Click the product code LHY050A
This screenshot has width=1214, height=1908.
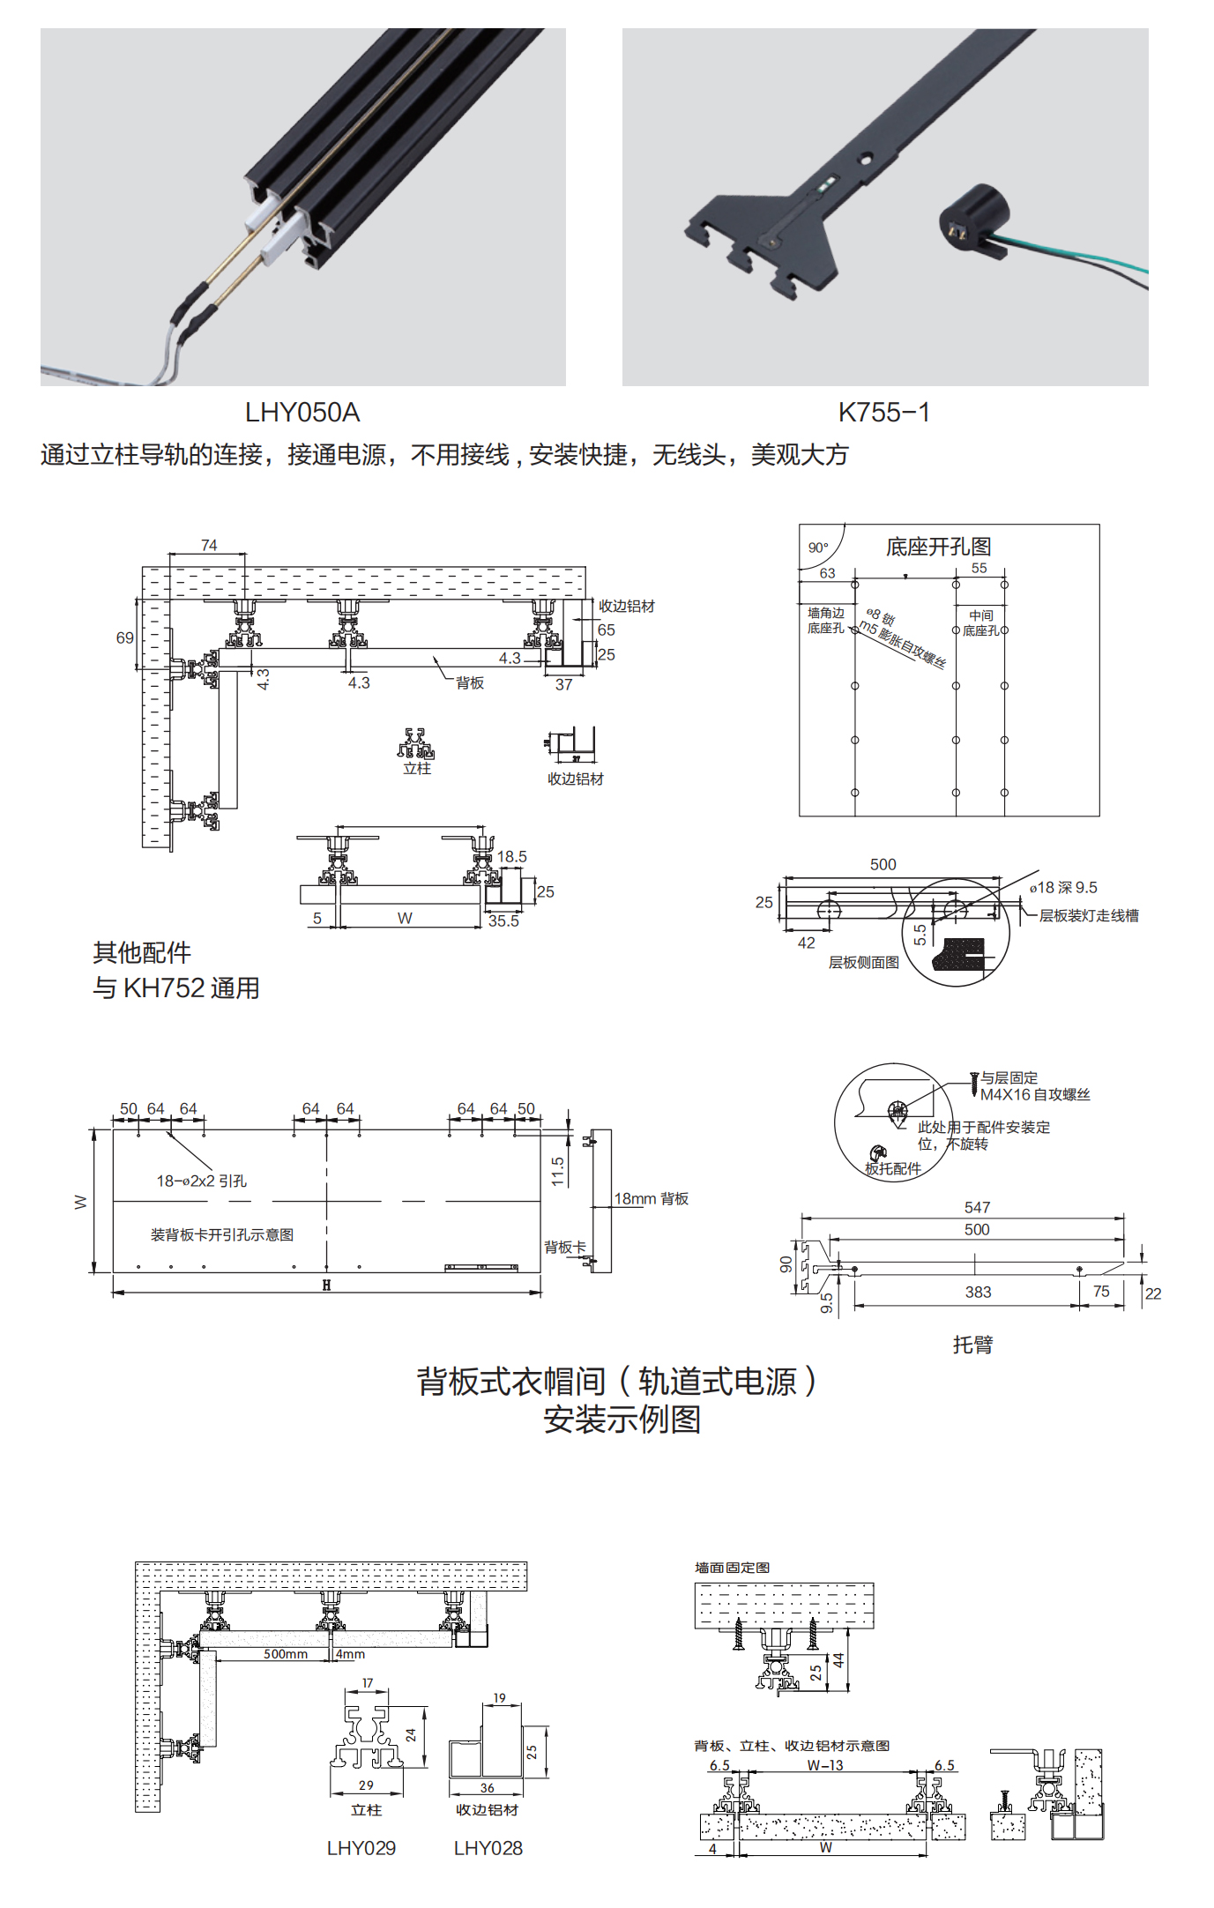(x=302, y=413)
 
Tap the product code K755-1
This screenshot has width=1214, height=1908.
(x=883, y=413)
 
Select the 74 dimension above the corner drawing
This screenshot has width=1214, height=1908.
(x=209, y=546)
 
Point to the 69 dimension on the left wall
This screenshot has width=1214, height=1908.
(x=125, y=637)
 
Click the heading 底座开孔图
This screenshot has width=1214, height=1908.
(x=938, y=548)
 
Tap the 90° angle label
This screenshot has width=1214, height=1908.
(x=818, y=548)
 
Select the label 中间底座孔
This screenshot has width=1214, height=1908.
(x=980, y=622)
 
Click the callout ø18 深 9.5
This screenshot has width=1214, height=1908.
(x=1063, y=888)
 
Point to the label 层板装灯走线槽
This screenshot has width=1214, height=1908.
(x=1089, y=916)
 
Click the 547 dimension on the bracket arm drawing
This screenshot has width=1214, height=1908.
(x=977, y=1207)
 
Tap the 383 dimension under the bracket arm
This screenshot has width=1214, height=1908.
(x=978, y=1292)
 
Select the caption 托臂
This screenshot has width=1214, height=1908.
(x=972, y=1345)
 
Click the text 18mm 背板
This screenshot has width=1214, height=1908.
(x=652, y=1199)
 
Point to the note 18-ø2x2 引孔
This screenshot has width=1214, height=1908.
(x=202, y=1181)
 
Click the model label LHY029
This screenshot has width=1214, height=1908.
(x=361, y=1848)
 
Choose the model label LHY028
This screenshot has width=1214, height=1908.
(x=488, y=1848)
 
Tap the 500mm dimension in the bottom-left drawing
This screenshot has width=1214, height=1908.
(x=286, y=1654)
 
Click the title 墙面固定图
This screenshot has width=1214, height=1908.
(x=732, y=1568)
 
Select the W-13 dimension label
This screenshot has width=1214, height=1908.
(x=825, y=1765)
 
